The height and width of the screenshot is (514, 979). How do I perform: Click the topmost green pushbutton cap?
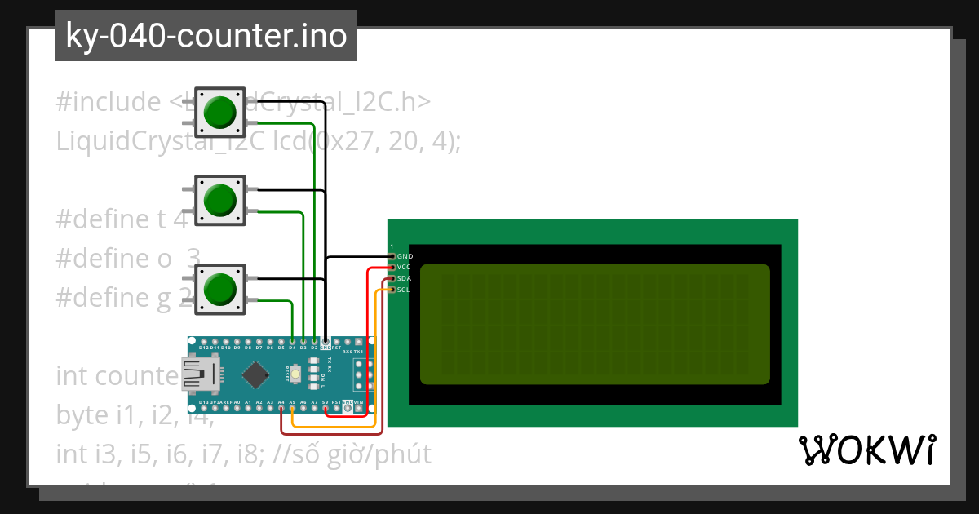[220, 112]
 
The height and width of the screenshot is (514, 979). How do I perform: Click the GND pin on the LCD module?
[392, 256]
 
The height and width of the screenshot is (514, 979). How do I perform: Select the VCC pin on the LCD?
[392, 268]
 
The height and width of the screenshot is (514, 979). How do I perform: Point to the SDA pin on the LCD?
[392, 278]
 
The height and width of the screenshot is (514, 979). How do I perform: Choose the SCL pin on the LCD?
[392, 290]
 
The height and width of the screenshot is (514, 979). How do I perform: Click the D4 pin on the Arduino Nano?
[292, 341]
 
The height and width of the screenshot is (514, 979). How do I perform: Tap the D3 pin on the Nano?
[303, 341]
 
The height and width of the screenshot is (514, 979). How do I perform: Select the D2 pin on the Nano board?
[314, 341]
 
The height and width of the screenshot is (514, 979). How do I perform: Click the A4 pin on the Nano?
[281, 408]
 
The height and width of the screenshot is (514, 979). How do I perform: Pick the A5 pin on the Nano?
[292, 408]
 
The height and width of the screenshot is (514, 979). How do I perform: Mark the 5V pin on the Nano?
[326, 408]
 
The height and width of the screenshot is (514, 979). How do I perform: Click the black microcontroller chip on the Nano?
[256, 374]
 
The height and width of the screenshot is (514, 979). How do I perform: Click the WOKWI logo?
[866, 450]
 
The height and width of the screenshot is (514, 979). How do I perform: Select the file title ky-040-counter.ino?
[206, 36]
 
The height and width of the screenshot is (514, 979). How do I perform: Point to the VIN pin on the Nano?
[359, 408]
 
